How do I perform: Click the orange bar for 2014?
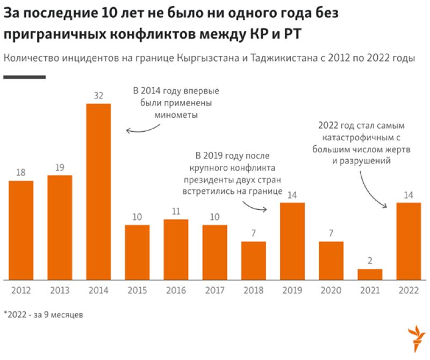point(98,191)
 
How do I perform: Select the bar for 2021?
point(370,274)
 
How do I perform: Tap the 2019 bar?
point(292,241)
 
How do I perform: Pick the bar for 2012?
point(21,230)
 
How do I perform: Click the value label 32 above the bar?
point(98,95)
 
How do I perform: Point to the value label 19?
point(60,167)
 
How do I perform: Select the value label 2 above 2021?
point(370,261)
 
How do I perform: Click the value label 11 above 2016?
point(176,211)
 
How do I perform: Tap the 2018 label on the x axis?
point(254,291)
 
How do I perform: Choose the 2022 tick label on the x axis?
point(408,291)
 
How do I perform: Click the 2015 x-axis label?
point(137,291)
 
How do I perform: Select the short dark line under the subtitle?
point(24,77)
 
